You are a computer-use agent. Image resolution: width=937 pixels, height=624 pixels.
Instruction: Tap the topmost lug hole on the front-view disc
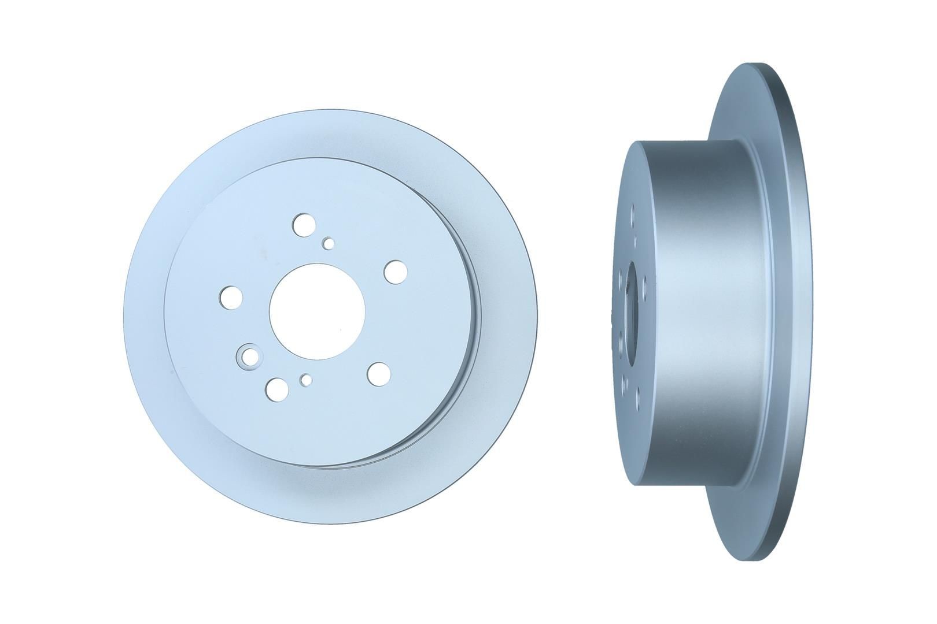point(303,224)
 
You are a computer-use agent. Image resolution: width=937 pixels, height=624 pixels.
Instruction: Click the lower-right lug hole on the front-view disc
point(379,372)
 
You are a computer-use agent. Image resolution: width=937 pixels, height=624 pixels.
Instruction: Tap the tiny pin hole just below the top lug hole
point(329,243)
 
